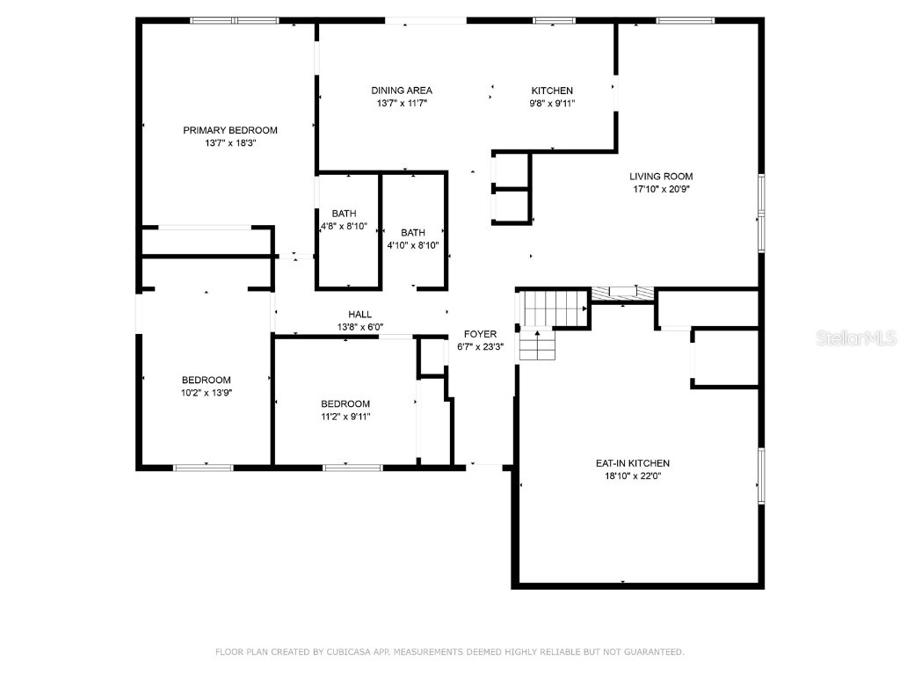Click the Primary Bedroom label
pos(229,130)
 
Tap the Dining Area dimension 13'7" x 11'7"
pos(401,103)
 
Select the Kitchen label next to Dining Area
pos(552,91)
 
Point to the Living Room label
pos(661,176)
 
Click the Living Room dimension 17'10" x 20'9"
pos(661,189)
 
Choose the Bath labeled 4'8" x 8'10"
pos(344,214)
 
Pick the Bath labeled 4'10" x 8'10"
pos(413,233)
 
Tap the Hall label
pos(359,314)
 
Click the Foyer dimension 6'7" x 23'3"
pos(481,346)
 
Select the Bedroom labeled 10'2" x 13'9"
pos(207,380)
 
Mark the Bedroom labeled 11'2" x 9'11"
pos(345,403)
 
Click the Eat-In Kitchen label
pos(633,463)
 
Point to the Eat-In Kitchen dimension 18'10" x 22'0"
pos(633,476)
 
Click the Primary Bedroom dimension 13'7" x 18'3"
pos(229,142)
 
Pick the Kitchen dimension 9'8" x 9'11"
pos(552,103)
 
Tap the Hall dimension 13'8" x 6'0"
pos(359,327)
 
